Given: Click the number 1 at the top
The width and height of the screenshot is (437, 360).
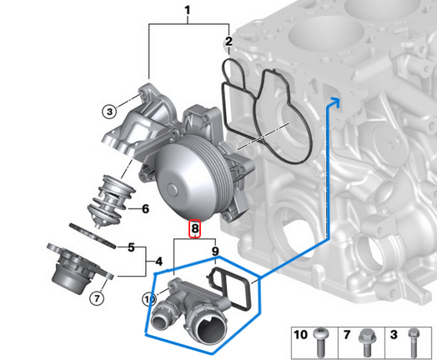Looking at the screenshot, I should coord(188,11).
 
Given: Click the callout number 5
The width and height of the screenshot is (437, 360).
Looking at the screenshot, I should coord(131,247).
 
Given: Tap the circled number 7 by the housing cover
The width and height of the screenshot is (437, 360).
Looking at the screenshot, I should coord(97,297).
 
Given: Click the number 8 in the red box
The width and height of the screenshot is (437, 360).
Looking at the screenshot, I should coord(194,227).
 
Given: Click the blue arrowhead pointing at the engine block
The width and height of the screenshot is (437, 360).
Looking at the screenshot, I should coord(338,102).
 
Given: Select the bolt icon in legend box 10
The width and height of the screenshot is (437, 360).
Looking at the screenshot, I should coord(322,338).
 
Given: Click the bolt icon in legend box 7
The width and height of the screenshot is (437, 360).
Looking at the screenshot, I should coord(365,338).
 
